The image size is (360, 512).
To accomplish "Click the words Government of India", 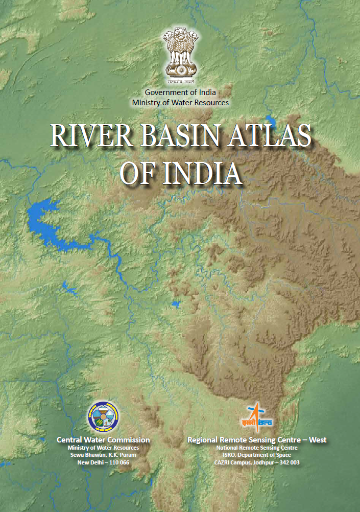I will [x=180, y=92].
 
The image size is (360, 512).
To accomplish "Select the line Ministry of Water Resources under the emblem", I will [x=180, y=102].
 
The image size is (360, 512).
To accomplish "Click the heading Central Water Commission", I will [x=103, y=439].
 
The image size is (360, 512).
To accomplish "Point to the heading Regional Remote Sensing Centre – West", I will [x=257, y=439].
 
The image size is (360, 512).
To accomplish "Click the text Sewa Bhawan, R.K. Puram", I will [x=103, y=455].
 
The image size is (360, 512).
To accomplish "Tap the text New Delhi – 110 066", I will [x=103, y=462].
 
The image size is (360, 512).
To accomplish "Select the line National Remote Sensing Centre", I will [x=257, y=448].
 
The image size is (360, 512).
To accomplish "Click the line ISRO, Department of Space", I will [x=257, y=455].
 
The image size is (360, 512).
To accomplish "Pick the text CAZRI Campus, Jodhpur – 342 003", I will [x=257, y=462].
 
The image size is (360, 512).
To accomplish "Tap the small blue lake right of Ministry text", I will [x=271, y=123].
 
